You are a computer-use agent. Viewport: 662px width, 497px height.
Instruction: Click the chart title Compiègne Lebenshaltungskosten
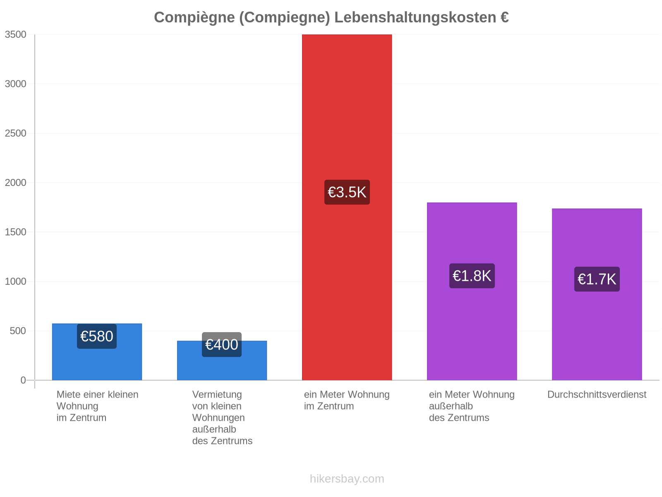pos(331,17)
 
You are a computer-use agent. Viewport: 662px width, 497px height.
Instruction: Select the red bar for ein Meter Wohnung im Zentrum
pos(347,207)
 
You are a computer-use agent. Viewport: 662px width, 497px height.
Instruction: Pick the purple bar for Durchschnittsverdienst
pos(597,294)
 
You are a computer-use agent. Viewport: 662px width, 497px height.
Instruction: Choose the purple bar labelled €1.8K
pos(472,291)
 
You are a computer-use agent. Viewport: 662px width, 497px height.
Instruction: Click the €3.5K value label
pos(347,192)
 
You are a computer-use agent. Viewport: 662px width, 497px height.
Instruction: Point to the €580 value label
pos(97,336)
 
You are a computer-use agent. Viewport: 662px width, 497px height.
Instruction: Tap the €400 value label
pos(222,345)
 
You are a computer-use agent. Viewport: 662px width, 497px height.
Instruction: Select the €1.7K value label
pos(597,279)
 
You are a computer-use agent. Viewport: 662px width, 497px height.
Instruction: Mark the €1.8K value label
pos(472,276)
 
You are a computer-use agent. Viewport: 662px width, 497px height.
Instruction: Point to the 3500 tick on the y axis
pos(16,34)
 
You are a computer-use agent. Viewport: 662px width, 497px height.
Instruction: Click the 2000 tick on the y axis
pos(16,183)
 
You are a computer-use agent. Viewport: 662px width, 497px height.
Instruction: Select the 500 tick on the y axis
pos(18,331)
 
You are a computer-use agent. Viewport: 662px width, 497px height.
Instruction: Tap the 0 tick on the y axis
pos(23,380)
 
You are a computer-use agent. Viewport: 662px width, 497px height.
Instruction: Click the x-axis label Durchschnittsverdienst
pos(597,394)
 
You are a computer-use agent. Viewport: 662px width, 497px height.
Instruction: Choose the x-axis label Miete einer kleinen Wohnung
pos(97,406)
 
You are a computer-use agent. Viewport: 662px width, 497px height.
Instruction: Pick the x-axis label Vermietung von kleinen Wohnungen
pos(222,417)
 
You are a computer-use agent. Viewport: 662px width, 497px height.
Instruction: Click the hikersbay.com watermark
pos(347,479)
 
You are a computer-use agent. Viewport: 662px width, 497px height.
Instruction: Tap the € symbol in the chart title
pos(504,17)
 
